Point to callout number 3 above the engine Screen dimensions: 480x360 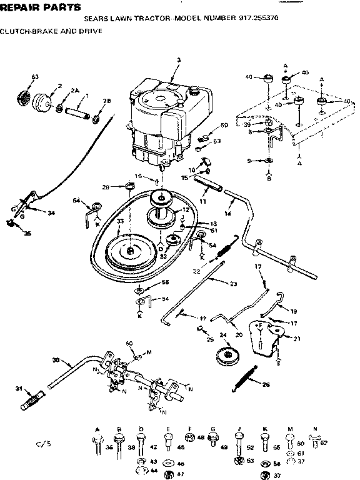tap(178, 60)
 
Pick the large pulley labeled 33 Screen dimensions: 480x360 tap(129, 250)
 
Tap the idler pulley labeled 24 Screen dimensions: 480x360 tap(221, 357)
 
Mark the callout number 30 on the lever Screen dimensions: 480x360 tap(55, 360)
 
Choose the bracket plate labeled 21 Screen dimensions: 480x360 tap(266, 337)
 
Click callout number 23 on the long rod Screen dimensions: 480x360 tap(233, 284)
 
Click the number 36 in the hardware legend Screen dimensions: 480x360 tap(109, 447)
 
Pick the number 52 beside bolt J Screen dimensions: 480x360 tap(251, 447)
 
